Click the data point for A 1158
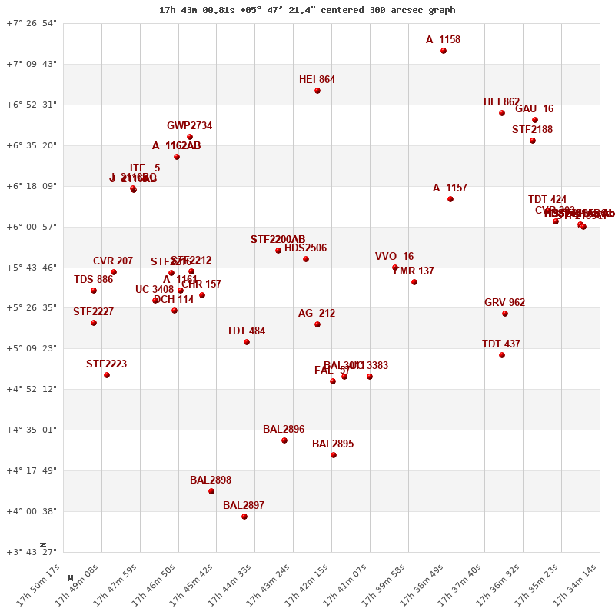[444, 51]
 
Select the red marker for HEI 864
[317, 91]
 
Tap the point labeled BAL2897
[244, 517]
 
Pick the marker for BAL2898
[211, 491]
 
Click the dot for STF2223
[107, 375]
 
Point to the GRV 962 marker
[505, 314]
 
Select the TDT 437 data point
[502, 355]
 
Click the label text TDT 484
[246, 331]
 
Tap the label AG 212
[317, 314]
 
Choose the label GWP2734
[189, 126]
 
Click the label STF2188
[532, 130]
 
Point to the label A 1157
[450, 188]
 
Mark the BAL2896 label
[284, 430]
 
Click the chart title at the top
[307, 10]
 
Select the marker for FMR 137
[414, 282]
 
